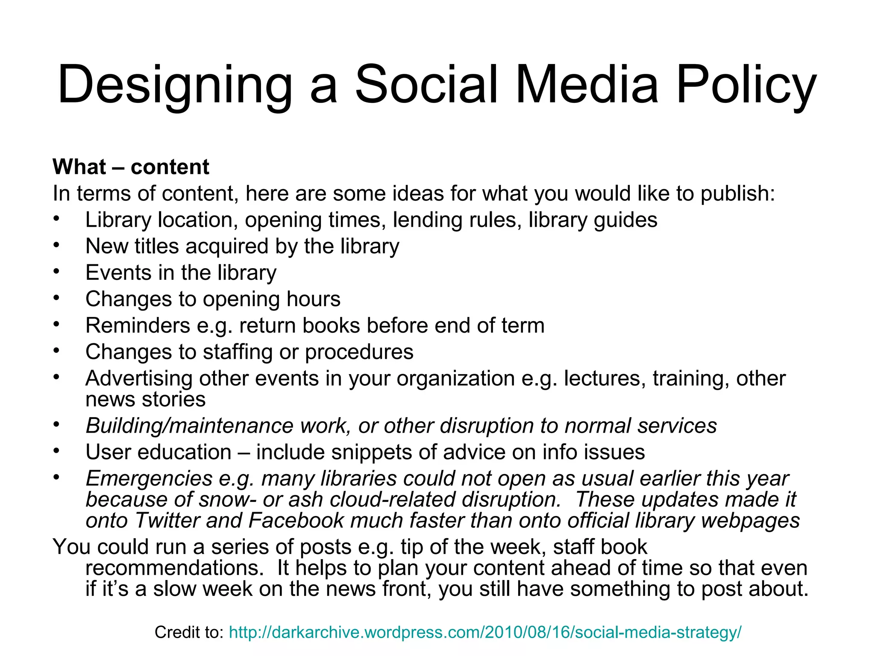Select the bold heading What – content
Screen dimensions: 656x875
pos(131,167)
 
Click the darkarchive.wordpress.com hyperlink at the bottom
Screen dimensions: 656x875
pos(485,633)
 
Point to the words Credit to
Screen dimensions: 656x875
pos(189,633)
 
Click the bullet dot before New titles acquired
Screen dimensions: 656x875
pos(56,245)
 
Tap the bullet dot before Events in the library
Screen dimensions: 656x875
pos(56,272)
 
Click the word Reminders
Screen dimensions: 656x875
pos(138,326)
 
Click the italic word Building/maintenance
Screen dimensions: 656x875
pos(190,426)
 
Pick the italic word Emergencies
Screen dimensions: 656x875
pos(149,479)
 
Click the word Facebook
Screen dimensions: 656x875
pos(296,521)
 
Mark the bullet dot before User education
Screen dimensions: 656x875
pos(56,451)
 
